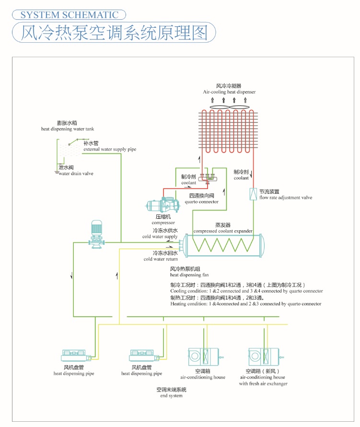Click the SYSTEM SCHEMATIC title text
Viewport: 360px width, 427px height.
[x=70, y=15]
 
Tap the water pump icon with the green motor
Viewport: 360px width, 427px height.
[x=96, y=234]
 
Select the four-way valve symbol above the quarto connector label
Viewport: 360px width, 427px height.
[x=208, y=178]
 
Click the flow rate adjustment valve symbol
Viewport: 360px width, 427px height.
[x=253, y=194]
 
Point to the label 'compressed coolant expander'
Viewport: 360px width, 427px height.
[x=223, y=231]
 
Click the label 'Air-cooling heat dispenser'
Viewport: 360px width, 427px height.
[x=229, y=92]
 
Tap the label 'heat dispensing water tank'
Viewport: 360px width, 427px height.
[x=68, y=129]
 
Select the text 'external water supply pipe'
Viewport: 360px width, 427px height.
[x=110, y=149]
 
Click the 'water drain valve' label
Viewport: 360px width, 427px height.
[x=76, y=174]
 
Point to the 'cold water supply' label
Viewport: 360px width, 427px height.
[x=160, y=237]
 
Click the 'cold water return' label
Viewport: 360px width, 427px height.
[x=161, y=259]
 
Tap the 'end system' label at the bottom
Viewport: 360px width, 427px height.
[x=171, y=396]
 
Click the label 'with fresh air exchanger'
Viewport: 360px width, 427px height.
[x=263, y=384]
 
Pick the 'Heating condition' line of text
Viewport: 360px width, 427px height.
[x=246, y=304]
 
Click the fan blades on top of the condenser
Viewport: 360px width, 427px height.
[x=229, y=107]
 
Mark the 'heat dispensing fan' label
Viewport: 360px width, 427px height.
[x=189, y=275]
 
